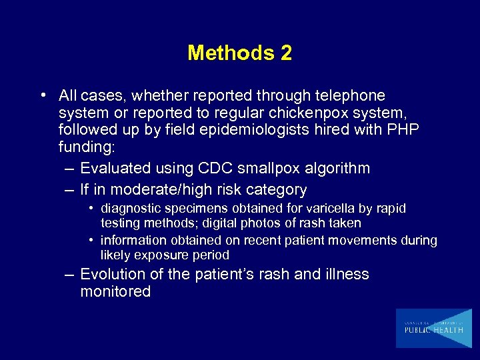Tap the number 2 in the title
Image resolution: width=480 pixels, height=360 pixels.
point(286,53)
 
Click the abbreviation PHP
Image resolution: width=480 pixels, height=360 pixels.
point(400,129)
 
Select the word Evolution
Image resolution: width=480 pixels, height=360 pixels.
point(114,274)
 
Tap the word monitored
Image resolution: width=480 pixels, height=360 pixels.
point(115,291)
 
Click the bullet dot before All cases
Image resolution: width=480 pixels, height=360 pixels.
point(43,95)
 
